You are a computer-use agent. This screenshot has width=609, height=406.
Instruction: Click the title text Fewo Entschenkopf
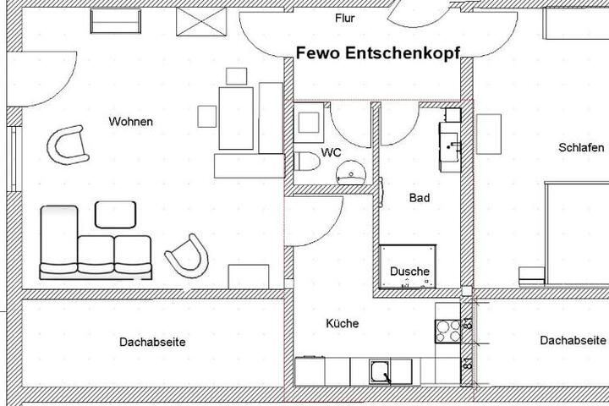tap(378, 53)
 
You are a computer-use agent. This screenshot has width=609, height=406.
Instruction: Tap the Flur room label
tap(345, 19)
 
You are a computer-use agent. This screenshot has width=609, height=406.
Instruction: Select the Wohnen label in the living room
tap(131, 122)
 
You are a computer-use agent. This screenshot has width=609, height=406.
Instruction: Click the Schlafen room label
tap(581, 148)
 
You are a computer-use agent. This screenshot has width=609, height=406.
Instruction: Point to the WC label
tap(331, 152)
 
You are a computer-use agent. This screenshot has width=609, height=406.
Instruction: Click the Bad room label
tap(420, 198)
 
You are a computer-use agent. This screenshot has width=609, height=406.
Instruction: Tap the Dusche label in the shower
tap(409, 272)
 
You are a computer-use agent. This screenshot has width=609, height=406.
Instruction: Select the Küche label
tap(343, 323)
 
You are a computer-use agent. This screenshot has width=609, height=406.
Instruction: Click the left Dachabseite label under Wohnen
tap(152, 343)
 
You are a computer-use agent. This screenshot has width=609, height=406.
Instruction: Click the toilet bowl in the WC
tap(306, 162)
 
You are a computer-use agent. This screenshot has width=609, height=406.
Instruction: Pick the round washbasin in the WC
tap(351, 173)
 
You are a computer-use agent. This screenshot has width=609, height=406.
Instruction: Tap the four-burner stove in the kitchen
tap(447, 331)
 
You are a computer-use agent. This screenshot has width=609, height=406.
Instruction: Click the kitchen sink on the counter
tap(381, 371)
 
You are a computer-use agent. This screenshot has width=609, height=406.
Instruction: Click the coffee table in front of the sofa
tap(115, 215)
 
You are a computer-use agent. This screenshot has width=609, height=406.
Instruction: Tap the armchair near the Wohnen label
tap(69, 145)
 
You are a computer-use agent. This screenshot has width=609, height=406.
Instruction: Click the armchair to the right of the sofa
tap(188, 256)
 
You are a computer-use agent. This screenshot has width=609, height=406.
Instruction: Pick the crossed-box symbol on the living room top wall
tap(201, 22)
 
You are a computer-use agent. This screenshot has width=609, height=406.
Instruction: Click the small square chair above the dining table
tap(237, 76)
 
